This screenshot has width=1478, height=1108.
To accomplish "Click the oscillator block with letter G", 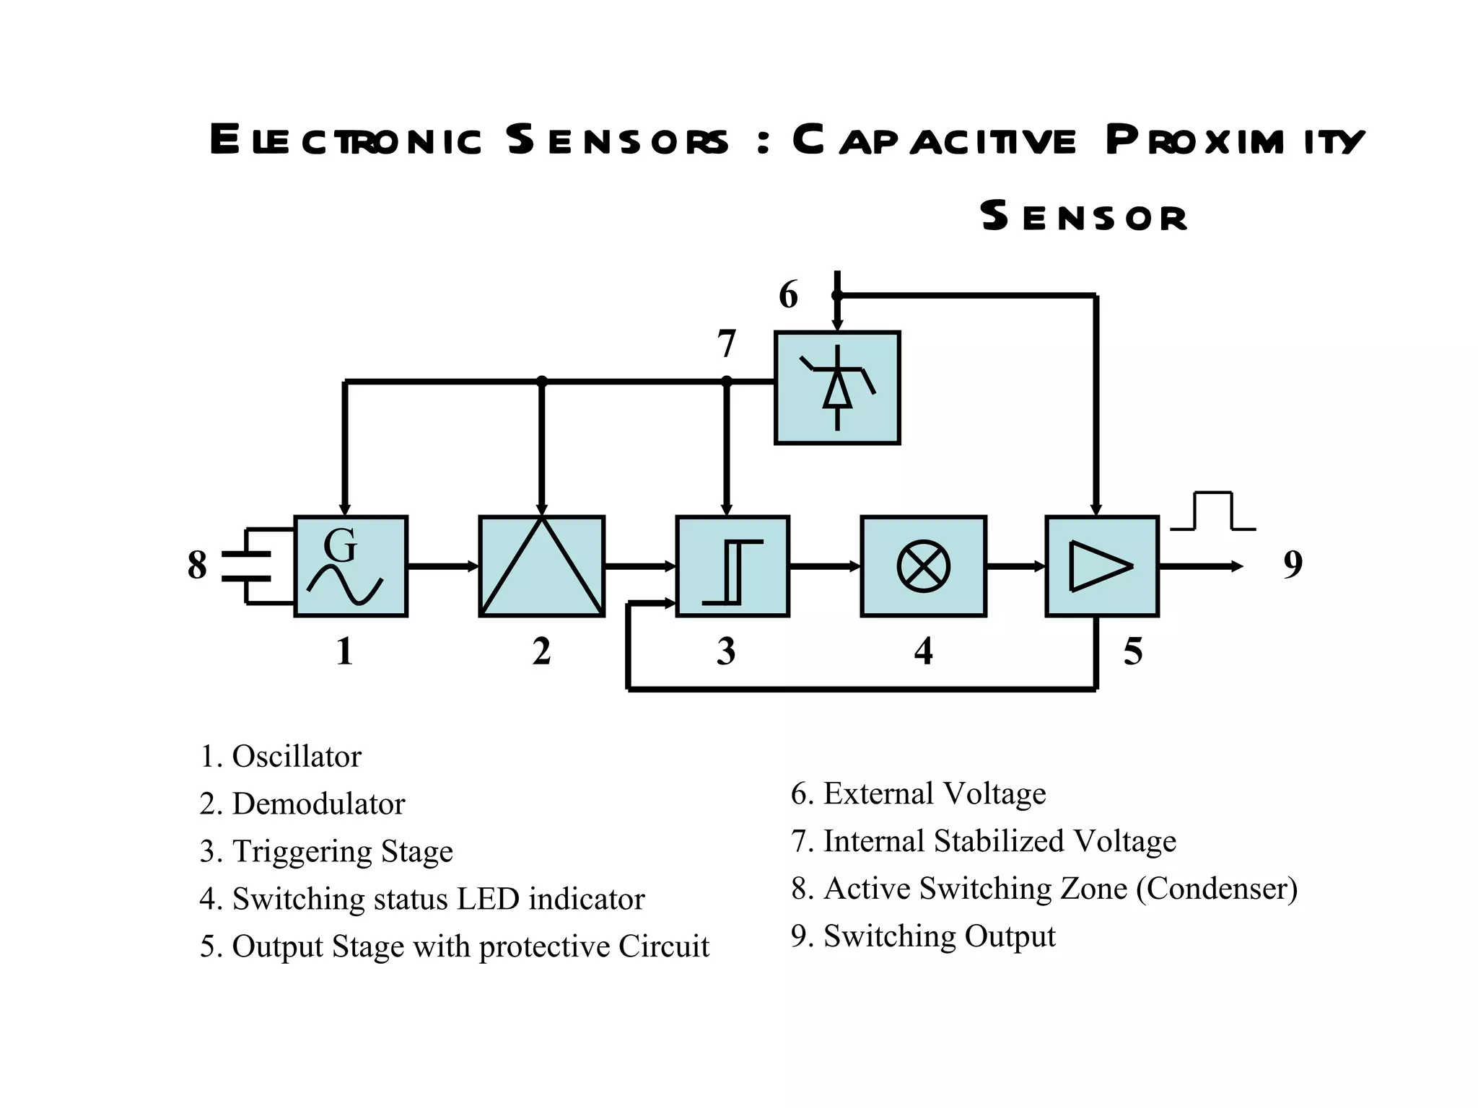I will [x=351, y=566].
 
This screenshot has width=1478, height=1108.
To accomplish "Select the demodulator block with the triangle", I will [x=541, y=566].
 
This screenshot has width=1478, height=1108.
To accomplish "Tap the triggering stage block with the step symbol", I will [x=732, y=566].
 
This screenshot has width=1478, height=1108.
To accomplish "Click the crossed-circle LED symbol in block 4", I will [x=923, y=566].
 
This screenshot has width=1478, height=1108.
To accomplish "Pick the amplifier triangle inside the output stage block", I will [x=1099, y=566].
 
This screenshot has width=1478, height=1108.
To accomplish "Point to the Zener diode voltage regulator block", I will [x=837, y=388].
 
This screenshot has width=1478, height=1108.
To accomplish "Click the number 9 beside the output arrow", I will [x=1293, y=564].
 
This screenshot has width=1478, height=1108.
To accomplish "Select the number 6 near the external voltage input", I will [x=788, y=296].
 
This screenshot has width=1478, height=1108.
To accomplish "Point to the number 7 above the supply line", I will [x=726, y=344].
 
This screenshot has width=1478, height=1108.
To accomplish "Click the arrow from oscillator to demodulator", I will [x=442, y=566].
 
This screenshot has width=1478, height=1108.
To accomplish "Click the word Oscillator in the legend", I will [x=296, y=757].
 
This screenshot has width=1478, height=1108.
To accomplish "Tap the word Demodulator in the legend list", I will [x=318, y=804].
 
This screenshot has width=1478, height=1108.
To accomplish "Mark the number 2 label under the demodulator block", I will [x=541, y=651].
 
